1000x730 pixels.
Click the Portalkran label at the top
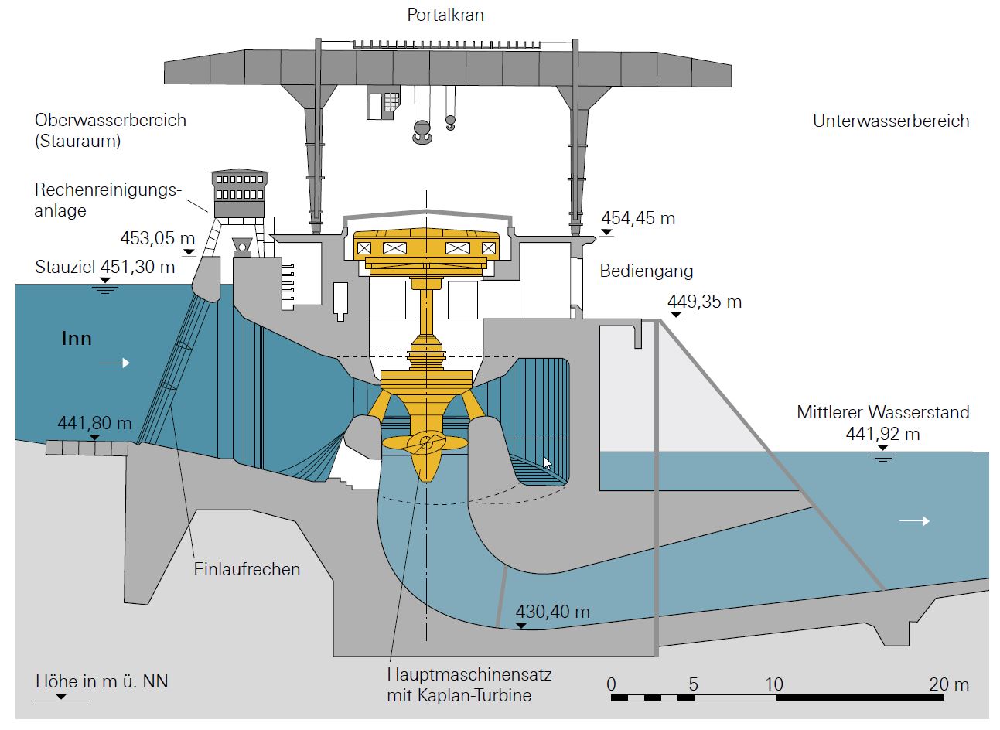tap(445, 15)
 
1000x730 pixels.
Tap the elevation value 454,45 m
tap(638, 219)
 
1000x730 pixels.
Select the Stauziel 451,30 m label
tap(105, 268)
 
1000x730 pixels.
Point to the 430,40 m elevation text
tap(552, 612)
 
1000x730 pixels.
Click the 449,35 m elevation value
tap(705, 302)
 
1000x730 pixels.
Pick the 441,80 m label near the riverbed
tap(94, 423)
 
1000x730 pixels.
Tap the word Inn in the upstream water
tap(77, 338)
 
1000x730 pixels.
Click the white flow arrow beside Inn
tap(114, 362)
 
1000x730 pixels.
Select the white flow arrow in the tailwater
tap(914, 521)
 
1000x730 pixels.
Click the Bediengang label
tap(647, 271)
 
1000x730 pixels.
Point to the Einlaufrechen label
tap(247, 570)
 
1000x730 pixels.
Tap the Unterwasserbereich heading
tap(891, 121)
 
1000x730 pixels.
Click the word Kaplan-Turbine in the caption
tap(473, 694)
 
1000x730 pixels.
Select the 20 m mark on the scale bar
tap(949, 684)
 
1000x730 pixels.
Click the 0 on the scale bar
tap(612, 684)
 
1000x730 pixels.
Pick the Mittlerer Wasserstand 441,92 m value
tap(882, 434)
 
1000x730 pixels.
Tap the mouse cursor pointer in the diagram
tap(548, 462)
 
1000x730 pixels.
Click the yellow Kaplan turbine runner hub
tap(424, 444)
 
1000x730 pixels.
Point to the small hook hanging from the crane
tap(450, 122)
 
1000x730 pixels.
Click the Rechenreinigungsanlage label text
tap(107, 200)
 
